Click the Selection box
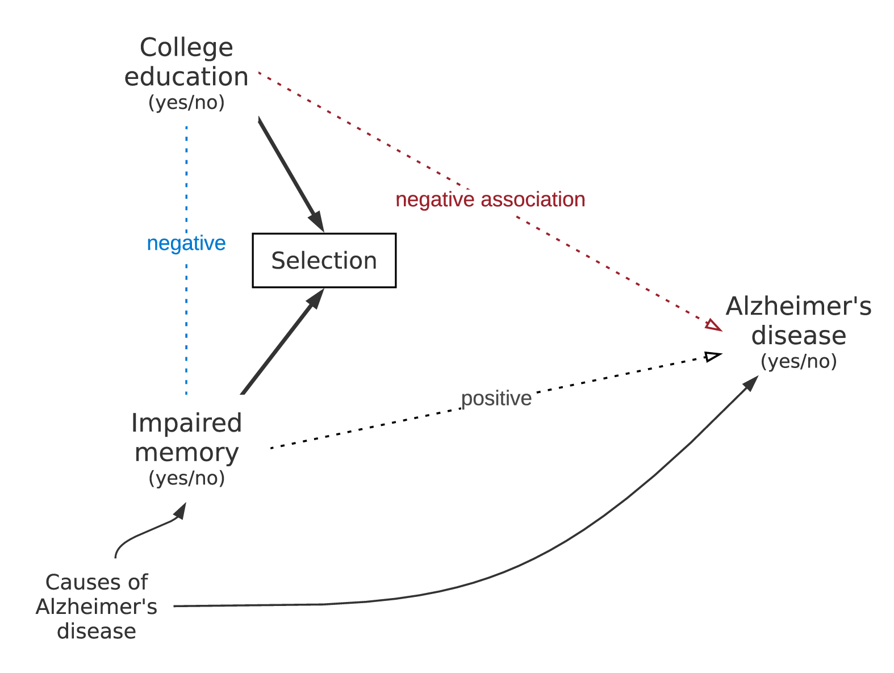tap(324, 260)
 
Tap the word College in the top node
tap(186, 48)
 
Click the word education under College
tap(186, 77)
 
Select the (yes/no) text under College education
tap(186, 103)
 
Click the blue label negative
tap(186, 243)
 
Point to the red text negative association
tap(490, 199)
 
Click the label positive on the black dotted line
tap(496, 398)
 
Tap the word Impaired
tap(186, 423)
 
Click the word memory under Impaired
tap(186, 453)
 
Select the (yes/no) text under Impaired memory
tap(186, 478)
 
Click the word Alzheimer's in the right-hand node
tap(798, 306)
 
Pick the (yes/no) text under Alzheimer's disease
tap(798, 361)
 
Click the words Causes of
tap(97, 582)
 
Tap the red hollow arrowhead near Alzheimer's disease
tap(714, 325)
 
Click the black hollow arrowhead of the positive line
tap(712, 357)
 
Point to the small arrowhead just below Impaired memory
tap(180, 511)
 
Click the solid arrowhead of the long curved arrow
tap(751, 383)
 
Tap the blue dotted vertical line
tap(186, 318)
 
